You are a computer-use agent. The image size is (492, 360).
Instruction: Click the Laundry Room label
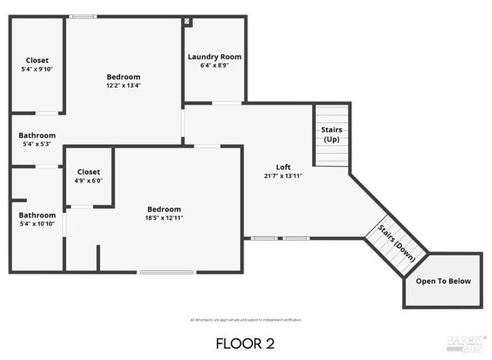pos(214,57)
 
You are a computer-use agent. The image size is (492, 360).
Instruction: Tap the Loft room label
pos(283,167)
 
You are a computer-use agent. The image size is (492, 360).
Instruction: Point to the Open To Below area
pos(443,281)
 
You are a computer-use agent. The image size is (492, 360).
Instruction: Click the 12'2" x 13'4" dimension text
pos(123,85)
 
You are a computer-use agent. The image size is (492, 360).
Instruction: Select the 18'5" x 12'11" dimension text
pos(165,218)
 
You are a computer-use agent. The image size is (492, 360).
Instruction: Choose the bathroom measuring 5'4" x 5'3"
pos(37,139)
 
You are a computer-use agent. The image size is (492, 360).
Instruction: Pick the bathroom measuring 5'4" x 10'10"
pos(37,219)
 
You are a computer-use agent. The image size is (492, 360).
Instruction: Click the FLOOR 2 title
pos(244,342)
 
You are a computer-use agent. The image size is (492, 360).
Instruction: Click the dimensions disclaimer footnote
pos(245,319)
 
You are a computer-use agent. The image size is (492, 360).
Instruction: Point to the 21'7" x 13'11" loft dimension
pos(283,176)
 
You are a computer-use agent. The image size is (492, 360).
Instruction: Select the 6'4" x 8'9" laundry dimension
pos(214,65)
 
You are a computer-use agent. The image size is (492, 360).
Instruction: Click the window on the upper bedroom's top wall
pos(83,16)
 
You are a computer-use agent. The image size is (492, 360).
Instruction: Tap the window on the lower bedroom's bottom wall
pos(166,272)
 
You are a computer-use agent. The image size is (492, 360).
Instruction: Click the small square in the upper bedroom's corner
pos(187,22)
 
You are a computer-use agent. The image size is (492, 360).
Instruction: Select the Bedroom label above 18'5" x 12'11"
pos(165,209)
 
